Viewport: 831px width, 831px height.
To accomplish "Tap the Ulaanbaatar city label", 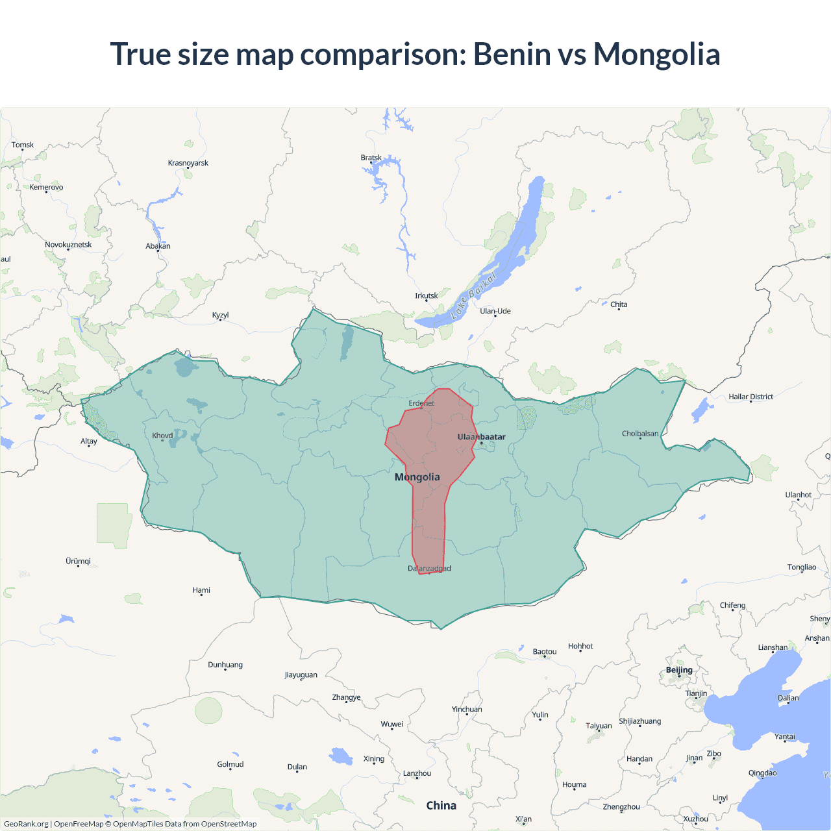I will (481, 437).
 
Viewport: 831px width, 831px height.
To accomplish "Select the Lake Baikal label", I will (474, 295).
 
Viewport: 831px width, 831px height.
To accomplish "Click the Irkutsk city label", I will (427, 296).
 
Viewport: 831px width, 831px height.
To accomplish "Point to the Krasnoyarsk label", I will (188, 163).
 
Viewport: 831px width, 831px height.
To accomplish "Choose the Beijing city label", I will (679, 670).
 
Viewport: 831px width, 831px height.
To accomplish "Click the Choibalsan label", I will (640, 434).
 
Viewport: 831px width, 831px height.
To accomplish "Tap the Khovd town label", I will (162, 436).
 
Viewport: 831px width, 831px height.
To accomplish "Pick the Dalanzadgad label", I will (429, 569).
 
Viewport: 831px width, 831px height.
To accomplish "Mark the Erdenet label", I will (421, 403).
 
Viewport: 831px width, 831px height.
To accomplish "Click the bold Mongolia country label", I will (417, 477).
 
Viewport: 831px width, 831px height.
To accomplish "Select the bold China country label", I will (441, 806).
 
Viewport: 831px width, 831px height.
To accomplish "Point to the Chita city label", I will (619, 304).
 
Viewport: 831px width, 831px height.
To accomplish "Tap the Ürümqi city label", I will (78, 561).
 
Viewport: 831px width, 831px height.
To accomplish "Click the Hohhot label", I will (580, 646).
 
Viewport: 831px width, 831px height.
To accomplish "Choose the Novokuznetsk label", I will (68, 245).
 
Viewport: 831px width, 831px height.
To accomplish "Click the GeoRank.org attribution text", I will (26, 824).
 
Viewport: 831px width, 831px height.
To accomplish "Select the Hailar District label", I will (750, 397).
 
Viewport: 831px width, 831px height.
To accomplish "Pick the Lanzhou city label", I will (417, 773).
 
